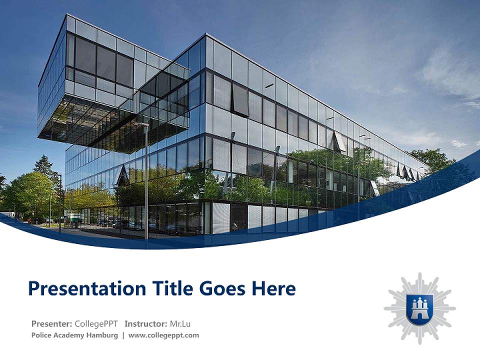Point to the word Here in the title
click(x=273, y=288)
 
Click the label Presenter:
click(x=51, y=323)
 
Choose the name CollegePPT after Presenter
click(x=96, y=323)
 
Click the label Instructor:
click(x=145, y=323)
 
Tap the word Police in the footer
click(x=42, y=335)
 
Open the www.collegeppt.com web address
click(x=163, y=335)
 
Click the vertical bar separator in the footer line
click(x=123, y=335)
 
